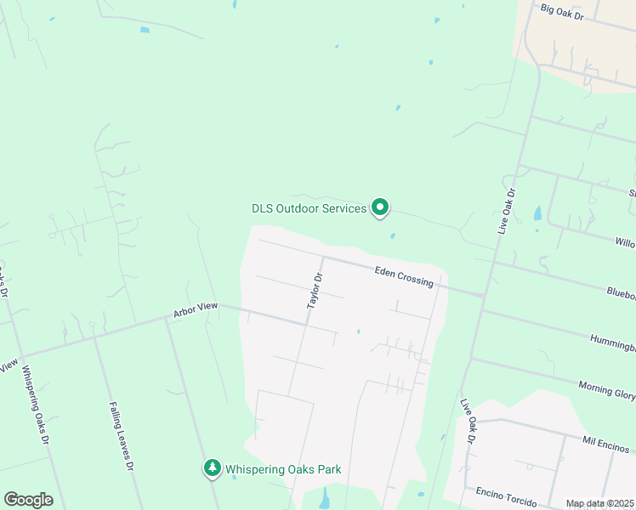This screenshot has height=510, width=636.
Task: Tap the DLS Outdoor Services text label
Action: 309,207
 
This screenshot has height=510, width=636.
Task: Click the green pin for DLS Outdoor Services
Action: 381,207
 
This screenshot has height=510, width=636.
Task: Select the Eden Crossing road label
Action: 404,276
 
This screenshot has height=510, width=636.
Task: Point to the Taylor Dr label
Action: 315,291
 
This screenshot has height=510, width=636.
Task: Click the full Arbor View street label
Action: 196,310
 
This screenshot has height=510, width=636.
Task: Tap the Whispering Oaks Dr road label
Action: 35,405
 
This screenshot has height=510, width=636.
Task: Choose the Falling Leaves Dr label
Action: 120,437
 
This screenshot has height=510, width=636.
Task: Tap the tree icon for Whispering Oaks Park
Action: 212,467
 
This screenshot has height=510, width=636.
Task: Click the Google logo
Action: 28,500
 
